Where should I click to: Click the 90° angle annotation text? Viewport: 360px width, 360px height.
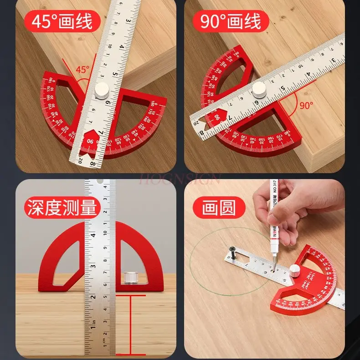306,105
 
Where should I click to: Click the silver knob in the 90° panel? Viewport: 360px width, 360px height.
259,89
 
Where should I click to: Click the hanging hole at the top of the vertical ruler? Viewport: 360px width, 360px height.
100,185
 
